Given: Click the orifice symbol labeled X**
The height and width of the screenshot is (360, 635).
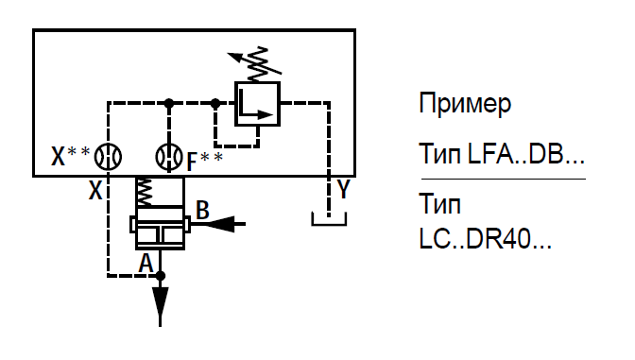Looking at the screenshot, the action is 108,157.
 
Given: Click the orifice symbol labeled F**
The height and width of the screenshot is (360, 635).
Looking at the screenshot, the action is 169,157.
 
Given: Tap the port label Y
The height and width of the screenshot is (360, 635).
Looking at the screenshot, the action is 343,189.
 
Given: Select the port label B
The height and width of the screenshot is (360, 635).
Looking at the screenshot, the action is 202,210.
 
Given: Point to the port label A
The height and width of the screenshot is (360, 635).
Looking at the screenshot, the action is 146,263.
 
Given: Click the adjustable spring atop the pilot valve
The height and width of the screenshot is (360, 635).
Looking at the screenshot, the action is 258,64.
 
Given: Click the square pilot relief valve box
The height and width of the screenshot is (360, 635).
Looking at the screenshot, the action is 258,104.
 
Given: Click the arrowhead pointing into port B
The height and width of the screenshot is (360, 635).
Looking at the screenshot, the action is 219,224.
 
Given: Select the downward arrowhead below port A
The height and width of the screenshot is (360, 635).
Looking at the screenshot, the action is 161,301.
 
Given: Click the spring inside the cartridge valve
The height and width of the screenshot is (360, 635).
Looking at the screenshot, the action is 145,192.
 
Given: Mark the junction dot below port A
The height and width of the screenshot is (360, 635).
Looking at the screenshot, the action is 161,276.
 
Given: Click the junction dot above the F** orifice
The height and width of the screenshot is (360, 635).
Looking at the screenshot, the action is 169,103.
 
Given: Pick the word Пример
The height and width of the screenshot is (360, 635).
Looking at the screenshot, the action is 465,105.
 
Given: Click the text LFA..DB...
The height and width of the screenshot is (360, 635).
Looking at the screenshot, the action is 526,154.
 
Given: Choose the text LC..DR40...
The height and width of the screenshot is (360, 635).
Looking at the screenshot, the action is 485,239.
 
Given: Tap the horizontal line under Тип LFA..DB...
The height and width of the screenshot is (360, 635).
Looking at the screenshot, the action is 504,179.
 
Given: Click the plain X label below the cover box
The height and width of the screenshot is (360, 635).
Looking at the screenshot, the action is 95,190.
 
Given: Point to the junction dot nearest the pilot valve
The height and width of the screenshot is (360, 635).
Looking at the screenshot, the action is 215,103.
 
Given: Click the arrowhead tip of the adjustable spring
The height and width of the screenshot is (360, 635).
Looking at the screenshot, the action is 228,54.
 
